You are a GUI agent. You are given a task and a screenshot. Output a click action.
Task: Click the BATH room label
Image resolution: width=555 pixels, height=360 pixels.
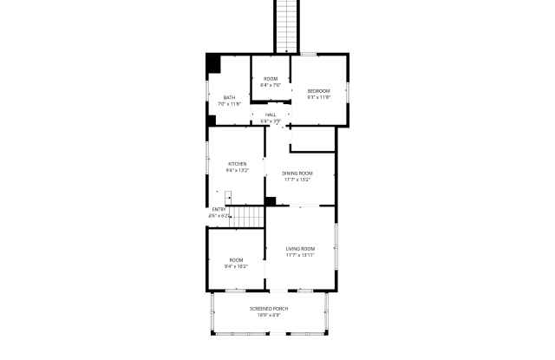tap(229, 97)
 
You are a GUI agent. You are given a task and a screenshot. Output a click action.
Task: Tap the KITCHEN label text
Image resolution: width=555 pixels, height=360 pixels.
tap(237, 163)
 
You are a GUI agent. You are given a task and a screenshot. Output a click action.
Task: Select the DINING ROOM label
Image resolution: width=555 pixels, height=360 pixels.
tap(297, 173)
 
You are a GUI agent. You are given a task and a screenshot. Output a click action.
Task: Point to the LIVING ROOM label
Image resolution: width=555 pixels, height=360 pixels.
tap(299, 249)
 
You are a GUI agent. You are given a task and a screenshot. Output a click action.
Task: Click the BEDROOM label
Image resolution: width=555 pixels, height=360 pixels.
tap(319, 91)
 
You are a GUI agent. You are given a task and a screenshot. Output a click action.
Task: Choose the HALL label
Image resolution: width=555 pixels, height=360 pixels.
tap(271, 115)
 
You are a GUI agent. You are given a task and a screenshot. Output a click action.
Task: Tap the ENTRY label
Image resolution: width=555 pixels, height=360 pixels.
tap(219, 209)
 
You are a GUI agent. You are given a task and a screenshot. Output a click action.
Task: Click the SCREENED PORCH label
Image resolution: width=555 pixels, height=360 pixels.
tap(269, 309)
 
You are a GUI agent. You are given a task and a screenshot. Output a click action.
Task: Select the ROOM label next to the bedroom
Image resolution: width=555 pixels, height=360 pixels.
tap(271, 79)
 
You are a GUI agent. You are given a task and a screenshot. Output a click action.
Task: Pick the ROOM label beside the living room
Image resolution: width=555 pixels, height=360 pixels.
tap(237, 260)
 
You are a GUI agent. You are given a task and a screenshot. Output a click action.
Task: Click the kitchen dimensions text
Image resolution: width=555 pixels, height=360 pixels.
tap(237, 170)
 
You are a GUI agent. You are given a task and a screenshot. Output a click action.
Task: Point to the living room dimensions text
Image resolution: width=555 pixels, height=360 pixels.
tap(299, 256)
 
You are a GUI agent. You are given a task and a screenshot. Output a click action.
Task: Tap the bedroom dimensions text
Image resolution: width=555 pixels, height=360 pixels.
tap(319, 97)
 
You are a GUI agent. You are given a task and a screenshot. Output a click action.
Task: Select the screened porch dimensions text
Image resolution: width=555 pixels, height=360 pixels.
tap(269, 315)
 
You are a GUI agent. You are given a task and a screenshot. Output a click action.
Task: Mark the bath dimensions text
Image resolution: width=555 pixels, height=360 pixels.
tap(229, 103)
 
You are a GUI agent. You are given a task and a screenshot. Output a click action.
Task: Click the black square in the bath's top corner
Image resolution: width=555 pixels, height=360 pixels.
tap(213, 63)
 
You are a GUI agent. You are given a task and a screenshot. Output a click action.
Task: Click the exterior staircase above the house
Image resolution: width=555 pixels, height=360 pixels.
tap(287, 24)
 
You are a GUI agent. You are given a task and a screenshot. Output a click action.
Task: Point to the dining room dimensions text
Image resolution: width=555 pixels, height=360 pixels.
tap(297, 180)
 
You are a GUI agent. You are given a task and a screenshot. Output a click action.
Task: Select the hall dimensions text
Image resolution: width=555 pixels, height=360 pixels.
tap(271, 121)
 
